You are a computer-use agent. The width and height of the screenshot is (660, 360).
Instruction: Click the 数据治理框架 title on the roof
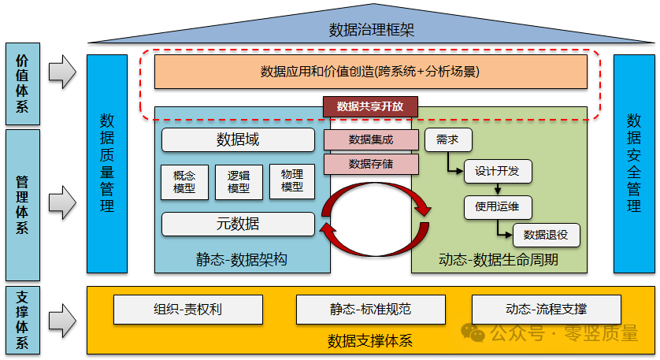[x=371, y=31]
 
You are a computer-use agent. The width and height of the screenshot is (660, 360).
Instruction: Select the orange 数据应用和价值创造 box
[x=370, y=72]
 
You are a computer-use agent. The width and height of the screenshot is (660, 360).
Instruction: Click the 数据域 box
[x=238, y=140]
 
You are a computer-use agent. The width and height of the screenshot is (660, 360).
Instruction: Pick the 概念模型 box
[x=184, y=181]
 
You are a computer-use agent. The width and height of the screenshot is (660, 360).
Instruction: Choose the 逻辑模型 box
[x=239, y=181]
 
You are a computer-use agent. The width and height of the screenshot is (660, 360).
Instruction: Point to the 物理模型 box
[x=292, y=181]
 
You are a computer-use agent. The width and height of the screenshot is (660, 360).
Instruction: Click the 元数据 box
[x=238, y=224]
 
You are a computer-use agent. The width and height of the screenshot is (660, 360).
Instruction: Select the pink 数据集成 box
[x=371, y=140]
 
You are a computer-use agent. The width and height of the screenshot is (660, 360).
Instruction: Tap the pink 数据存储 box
[x=371, y=163]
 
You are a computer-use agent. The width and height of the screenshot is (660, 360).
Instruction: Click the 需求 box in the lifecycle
[x=447, y=140]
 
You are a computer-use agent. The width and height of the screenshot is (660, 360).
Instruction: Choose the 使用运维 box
[x=497, y=207]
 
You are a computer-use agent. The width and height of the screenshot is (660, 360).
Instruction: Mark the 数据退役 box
[x=546, y=234]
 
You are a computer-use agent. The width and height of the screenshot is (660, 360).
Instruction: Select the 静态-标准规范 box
[x=370, y=309]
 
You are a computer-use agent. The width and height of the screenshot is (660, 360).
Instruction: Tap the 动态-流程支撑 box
[x=546, y=309]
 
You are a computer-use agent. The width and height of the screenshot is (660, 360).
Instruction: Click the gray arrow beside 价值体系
[x=62, y=72]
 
